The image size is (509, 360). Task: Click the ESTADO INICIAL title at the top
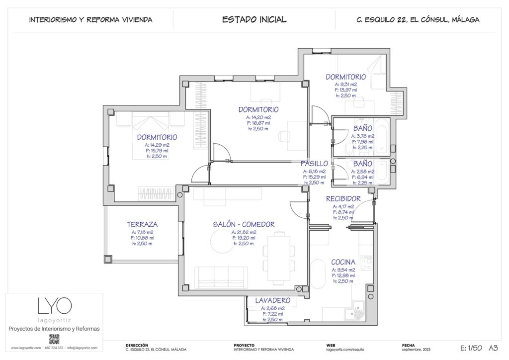[x=254, y=20]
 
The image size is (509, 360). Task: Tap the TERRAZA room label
[x=142, y=224]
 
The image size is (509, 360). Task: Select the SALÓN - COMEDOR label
[x=244, y=224]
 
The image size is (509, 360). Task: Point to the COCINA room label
[x=343, y=262]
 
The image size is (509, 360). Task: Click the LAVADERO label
[x=272, y=301]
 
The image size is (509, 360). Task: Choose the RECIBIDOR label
[x=343, y=199]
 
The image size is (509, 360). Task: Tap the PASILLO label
[x=314, y=164]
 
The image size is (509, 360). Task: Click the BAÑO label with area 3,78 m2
[x=363, y=129]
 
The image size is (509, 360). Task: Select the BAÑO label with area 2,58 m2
[x=363, y=164]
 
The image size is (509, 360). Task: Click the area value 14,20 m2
[x=258, y=117]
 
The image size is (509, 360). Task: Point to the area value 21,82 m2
[x=244, y=232]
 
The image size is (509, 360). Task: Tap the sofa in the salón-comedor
[x=221, y=277]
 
